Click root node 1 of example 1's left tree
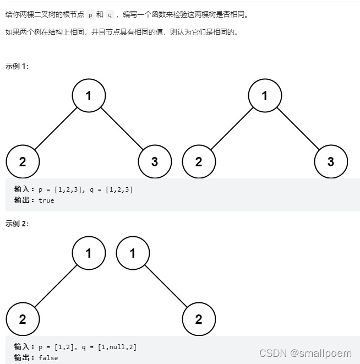(x=89, y=96)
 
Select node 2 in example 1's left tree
(x=23, y=161)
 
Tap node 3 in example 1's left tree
(x=155, y=161)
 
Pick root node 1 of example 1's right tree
(x=265, y=96)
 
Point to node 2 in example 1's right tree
(x=199, y=161)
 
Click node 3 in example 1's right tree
(x=331, y=161)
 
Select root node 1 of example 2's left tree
(x=89, y=253)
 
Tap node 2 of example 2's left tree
(x=23, y=319)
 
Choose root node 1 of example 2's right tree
(x=133, y=253)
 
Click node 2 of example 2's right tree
(x=199, y=319)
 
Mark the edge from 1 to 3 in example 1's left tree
(x=122, y=128)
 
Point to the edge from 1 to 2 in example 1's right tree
(x=232, y=128)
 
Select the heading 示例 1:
(x=17, y=66)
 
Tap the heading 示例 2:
(x=17, y=224)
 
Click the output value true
(x=46, y=200)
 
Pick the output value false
(x=48, y=358)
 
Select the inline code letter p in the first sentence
(x=90, y=15)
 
